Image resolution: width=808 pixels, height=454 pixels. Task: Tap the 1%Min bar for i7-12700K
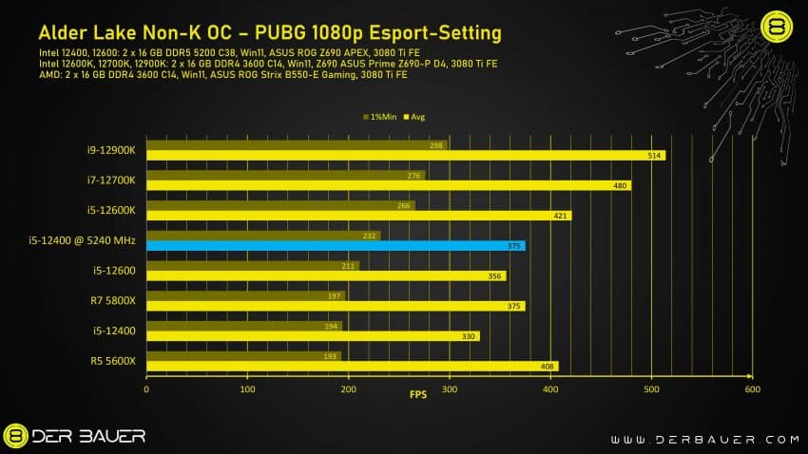point(285,175)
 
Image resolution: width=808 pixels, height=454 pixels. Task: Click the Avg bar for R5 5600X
point(352,366)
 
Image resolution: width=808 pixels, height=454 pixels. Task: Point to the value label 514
point(653,155)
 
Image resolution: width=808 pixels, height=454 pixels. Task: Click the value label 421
point(559,216)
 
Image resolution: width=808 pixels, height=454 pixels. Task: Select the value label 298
point(437,145)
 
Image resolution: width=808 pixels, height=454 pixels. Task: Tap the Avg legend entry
point(414,117)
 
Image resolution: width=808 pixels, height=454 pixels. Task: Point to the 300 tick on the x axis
point(450,388)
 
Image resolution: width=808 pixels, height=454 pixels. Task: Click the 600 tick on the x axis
point(752,388)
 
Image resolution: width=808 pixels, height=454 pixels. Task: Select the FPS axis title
point(418,395)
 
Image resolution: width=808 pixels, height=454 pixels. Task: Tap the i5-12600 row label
point(113,271)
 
